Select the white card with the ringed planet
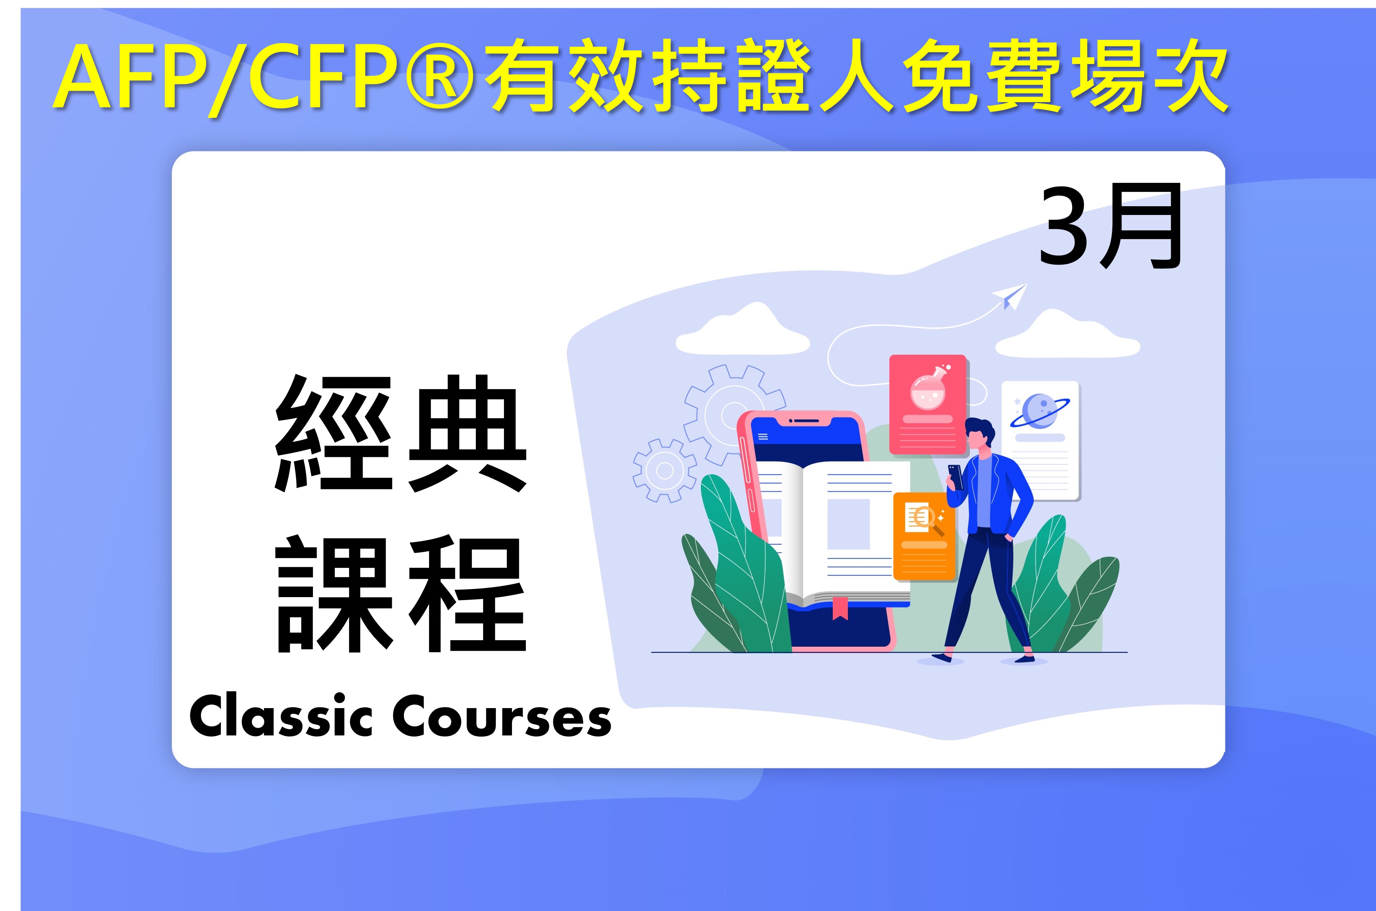click(x=1040, y=441)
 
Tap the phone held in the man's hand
click(x=955, y=476)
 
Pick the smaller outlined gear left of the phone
click(x=665, y=470)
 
